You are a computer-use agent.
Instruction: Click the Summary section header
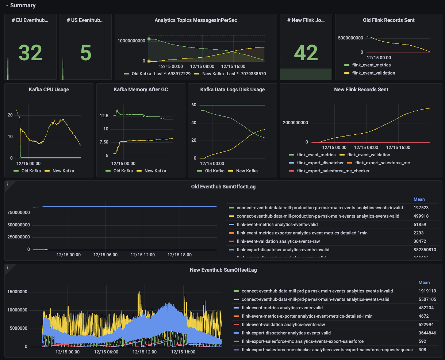click(23, 5)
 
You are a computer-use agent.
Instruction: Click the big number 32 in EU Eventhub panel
click(30, 53)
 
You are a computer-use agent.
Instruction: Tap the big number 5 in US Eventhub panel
click(85, 53)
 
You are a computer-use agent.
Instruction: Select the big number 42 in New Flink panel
click(306, 53)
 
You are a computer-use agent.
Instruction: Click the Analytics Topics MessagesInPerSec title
click(196, 20)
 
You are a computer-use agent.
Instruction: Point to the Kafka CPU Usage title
click(49, 89)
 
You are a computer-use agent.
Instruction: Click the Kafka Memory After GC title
click(141, 89)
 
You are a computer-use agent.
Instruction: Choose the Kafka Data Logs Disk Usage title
click(233, 89)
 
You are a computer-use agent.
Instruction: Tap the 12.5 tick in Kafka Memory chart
click(104, 116)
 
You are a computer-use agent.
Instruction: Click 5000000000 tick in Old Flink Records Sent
click(350, 38)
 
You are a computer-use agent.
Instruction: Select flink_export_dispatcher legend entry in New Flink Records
click(320, 163)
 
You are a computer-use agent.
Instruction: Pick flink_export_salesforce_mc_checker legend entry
click(333, 171)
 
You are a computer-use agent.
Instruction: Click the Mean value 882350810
click(425, 250)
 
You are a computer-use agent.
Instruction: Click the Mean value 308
click(422, 350)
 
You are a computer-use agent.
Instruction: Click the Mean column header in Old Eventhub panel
click(419, 199)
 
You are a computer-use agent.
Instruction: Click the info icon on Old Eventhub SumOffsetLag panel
click(8, 184)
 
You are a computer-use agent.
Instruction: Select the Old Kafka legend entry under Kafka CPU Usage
click(30, 171)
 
